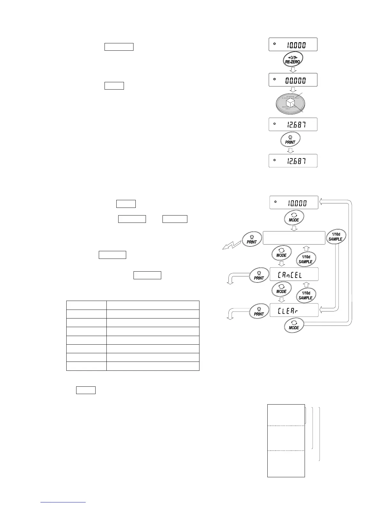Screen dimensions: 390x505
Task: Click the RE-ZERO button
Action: tap(293, 59)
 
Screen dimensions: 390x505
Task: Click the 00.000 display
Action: tap(293, 80)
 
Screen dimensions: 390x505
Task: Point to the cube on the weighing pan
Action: tap(290, 103)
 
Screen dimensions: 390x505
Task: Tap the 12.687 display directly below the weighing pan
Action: tap(293, 124)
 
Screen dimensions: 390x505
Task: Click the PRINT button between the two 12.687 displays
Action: tap(290, 140)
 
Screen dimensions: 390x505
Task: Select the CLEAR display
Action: tap(294, 310)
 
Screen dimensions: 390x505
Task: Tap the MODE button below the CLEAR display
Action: tap(294, 325)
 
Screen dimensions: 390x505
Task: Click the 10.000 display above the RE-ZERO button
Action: tap(293, 44)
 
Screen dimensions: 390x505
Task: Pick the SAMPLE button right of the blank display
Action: tap(336, 237)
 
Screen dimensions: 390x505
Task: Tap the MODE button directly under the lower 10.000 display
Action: tap(294, 218)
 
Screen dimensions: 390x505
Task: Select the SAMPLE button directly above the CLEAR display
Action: tap(305, 296)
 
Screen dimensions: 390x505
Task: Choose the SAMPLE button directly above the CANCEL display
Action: tap(305, 259)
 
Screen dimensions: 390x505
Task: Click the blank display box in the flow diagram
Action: tap(294, 238)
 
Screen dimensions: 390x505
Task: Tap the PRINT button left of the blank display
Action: tap(252, 239)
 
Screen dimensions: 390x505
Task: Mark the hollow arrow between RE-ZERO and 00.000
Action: tap(293, 70)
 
